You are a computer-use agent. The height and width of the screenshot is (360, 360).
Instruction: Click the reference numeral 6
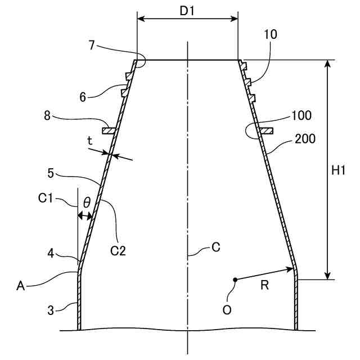coord(82,96)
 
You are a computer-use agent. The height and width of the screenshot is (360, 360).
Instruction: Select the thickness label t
coord(90,142)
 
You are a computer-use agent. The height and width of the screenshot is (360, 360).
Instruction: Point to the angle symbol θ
coord(86,202)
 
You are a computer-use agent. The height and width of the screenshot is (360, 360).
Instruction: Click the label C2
coord(118,250)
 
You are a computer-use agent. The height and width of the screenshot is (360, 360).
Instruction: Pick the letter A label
coord(21,286)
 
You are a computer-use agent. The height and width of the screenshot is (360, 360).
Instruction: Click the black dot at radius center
coord(235,279)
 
